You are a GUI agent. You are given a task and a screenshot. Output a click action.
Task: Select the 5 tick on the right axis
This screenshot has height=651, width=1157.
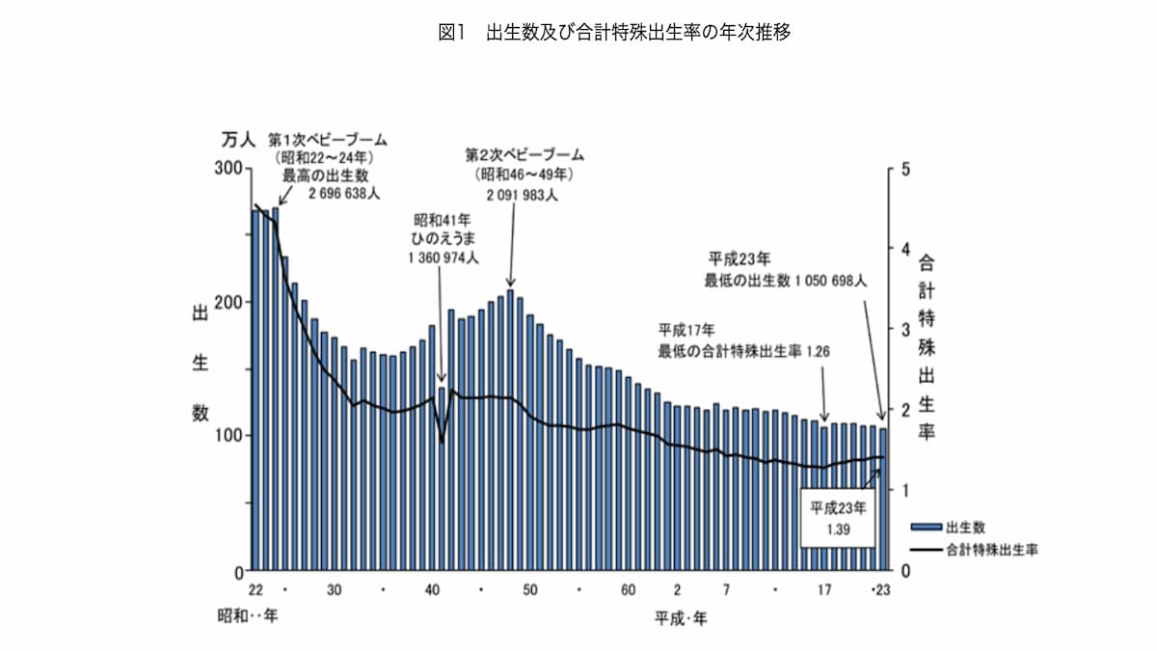(x=904, y=168)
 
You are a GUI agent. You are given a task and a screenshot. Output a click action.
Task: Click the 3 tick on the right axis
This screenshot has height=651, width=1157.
(x=904, y=329)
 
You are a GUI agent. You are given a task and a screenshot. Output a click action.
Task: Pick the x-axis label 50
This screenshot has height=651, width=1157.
(x=529, y=589)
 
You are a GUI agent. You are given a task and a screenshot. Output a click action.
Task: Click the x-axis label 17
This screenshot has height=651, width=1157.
(x=824, y=589)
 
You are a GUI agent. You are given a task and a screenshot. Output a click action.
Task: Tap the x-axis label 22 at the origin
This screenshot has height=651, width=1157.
(x=255, y=589)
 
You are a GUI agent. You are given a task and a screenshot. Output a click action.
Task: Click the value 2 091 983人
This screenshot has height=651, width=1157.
(x=522, y=195)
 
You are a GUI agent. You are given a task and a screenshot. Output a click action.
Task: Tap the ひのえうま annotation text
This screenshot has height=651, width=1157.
(x=444, y=238)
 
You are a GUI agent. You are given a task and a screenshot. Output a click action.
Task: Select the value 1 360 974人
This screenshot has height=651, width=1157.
(x=444, y=258)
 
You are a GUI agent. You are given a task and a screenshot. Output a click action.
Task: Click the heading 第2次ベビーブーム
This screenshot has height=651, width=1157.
(x=525, y=154)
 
